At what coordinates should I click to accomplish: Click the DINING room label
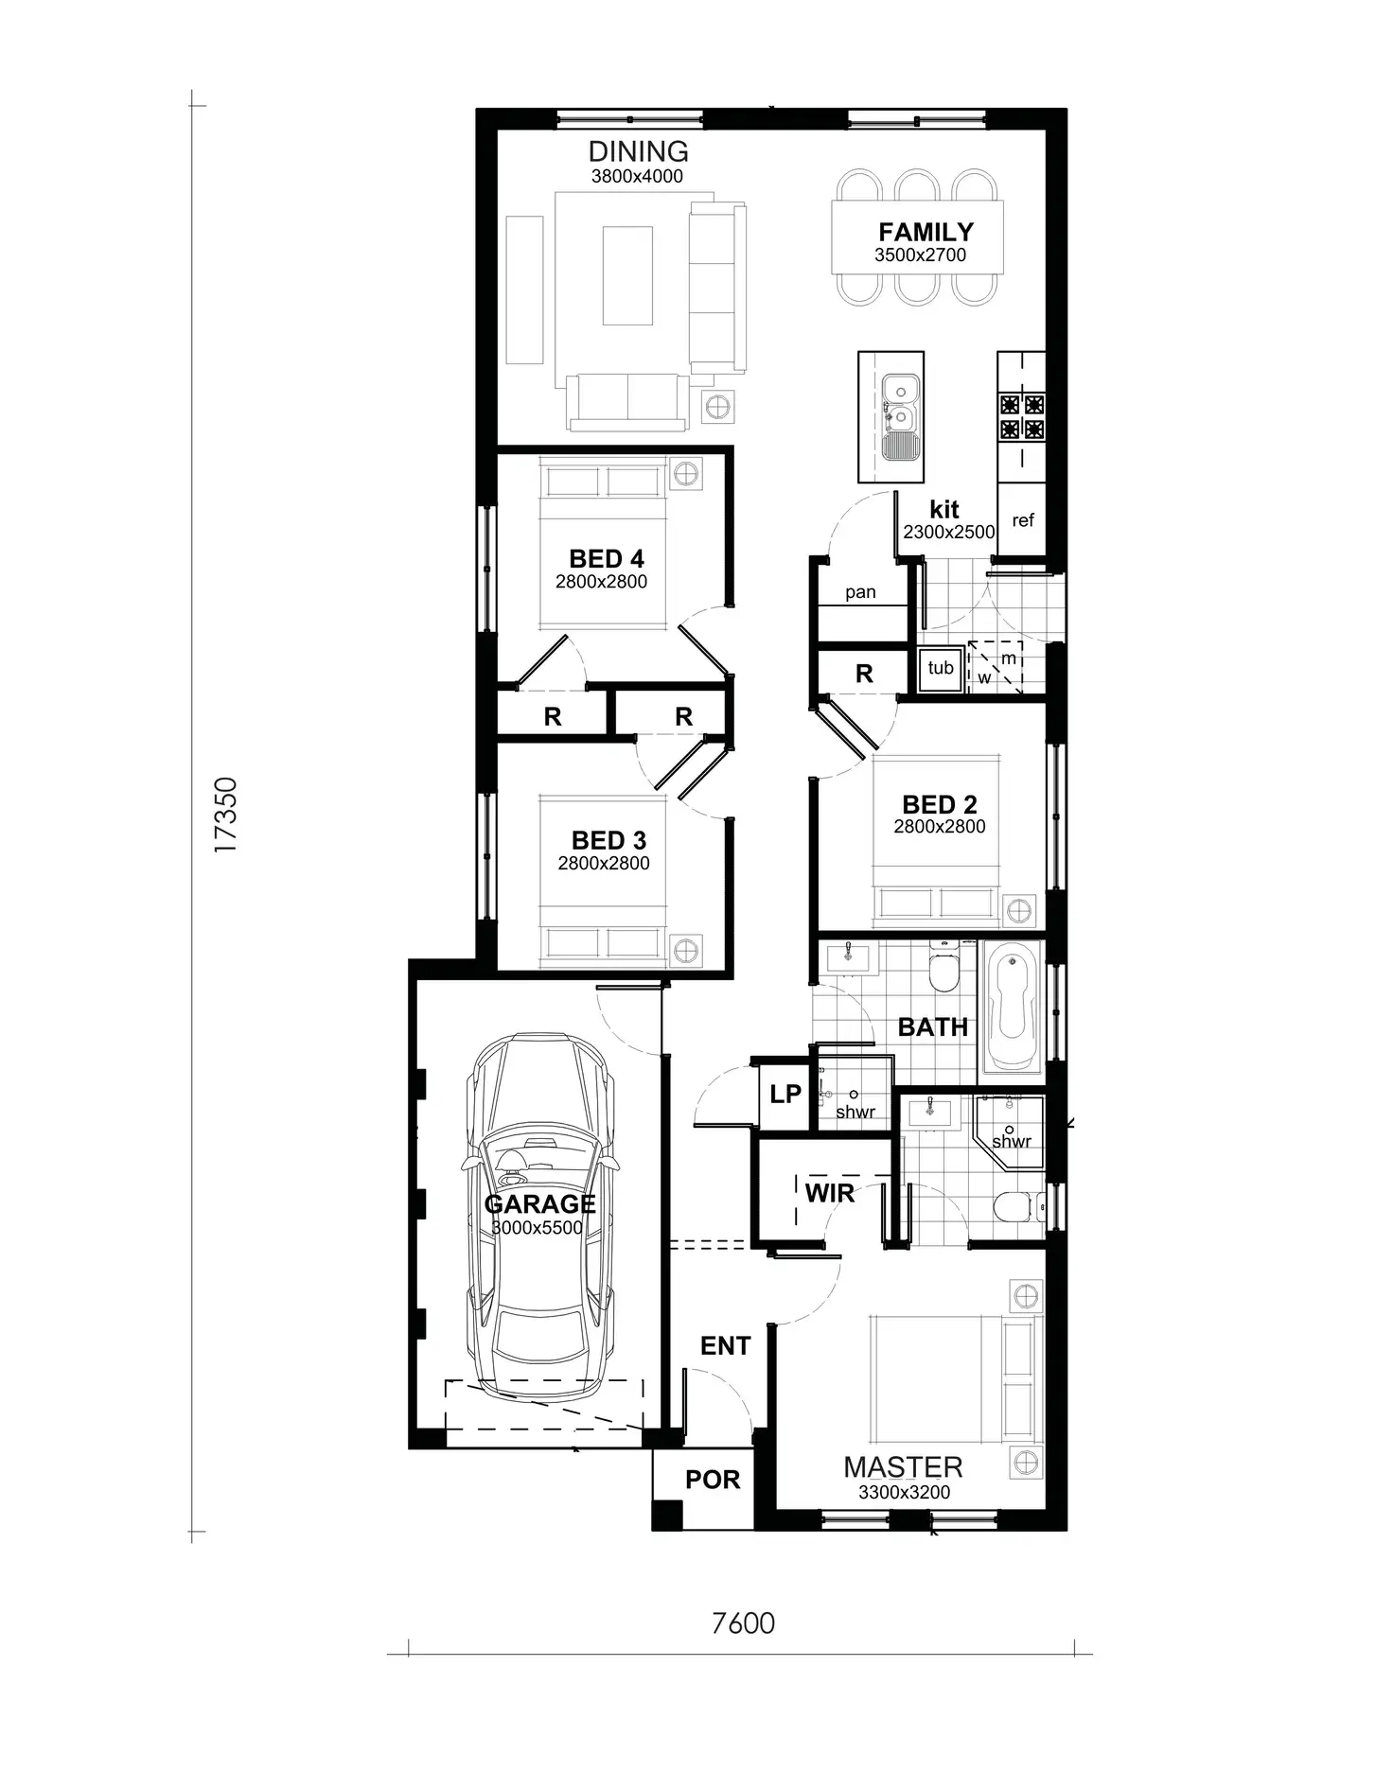pyautogui.click(x=638, y=151)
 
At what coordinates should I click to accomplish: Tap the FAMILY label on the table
pyautogui.click(x=925, y=232)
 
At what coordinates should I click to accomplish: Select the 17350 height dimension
pyautogui.click(x=225, y=816)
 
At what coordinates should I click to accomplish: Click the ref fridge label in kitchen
pyautogui.click(x=1023, y=520)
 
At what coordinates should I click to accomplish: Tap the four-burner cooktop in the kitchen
pyautogui.click(x=1022, y=417)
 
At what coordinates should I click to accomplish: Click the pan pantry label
pyautogui.click(x=860, y=592)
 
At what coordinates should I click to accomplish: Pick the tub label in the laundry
pyautogui.click(x=941, y=668)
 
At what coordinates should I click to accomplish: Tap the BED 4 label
pyautogui.click(x=606, y=559)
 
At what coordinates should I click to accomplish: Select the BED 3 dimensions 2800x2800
pyautogui.click(x=604, y=863)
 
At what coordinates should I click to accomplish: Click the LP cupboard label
pyautogui.click(x=785, y=1095)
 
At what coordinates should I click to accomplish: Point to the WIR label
pyautogui.click(x=829, y=1193)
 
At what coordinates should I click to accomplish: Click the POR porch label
pyautogui.click(x=712, y=1480)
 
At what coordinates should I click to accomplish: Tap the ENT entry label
pyautogui.click(x=725, y=1345)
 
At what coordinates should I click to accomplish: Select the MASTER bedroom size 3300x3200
pyautogui.click(x=904, y=1492)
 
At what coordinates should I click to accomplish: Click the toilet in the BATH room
pyautogui.click(x=943, y=969)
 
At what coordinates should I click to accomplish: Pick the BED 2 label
pyautogui.click(x=939, y=805)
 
